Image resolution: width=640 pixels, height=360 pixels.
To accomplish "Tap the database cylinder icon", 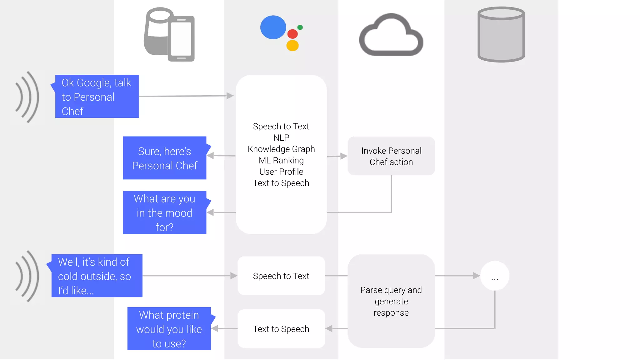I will tap(501, 35).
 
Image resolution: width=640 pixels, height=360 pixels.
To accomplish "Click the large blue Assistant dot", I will tap(273, 27).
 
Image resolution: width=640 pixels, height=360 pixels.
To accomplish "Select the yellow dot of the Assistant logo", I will tap(292, 46).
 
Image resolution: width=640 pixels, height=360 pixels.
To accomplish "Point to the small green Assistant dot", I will tap(300, 27).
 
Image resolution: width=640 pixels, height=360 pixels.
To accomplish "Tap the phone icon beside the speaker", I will tap(181, 39).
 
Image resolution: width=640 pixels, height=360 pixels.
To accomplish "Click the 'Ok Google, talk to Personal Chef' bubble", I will tap(97, 97).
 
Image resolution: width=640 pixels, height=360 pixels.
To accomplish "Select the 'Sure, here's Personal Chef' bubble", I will tap(165, 158).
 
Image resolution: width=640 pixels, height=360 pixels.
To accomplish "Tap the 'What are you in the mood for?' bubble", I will tap(165, 213).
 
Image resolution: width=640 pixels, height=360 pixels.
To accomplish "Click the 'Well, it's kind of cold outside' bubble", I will tap(97, 276).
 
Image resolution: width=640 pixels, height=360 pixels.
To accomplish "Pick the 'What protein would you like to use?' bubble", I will tap(169, 329).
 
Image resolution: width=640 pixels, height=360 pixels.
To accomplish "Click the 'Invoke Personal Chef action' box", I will tap(391, 156).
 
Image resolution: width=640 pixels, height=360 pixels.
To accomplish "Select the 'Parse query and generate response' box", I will tap(391, 301).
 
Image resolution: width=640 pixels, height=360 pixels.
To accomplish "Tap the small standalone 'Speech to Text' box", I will tap(281, 276).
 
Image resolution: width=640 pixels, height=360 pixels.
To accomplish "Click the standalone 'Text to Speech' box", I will tap(281, 329).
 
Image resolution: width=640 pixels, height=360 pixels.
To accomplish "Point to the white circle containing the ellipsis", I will tap(495, 276).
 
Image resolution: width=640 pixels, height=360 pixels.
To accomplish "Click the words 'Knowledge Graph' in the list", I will tap(281, 149).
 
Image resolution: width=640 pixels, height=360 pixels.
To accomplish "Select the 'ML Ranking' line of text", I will tap(281, 160).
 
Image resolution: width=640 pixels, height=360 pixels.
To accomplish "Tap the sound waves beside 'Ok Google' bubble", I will tap(27, 97).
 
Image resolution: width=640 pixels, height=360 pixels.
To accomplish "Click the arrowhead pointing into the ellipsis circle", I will tap(476, 276).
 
